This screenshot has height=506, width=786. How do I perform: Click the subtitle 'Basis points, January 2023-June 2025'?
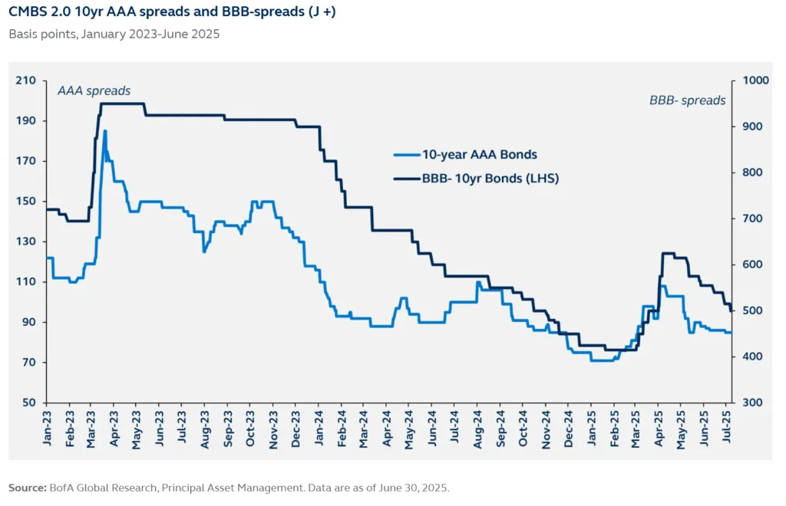point(114,34)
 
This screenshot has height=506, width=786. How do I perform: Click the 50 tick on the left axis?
point(29,402)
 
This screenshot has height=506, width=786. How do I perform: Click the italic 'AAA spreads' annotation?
point(94,90)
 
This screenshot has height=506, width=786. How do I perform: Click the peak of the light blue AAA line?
point(105,131)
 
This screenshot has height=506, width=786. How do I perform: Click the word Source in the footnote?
point(26,487)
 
